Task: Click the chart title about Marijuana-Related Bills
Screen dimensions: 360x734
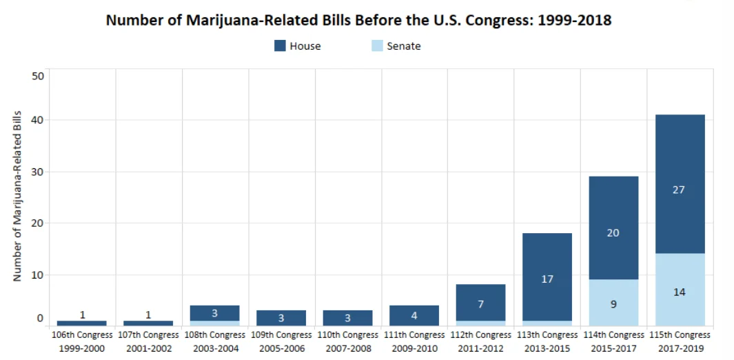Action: point(358,20)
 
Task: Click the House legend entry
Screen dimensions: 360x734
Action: point(297,46)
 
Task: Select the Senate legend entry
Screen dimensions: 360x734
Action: point(396,46)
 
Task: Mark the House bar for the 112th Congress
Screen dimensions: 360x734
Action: point(480,303)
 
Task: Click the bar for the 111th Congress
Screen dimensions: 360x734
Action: point(414,316)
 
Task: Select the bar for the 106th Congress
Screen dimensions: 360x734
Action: point(82,323)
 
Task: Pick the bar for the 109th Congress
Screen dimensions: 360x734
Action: point(281,318)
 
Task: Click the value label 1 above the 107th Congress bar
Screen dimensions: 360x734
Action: point(149,314)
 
